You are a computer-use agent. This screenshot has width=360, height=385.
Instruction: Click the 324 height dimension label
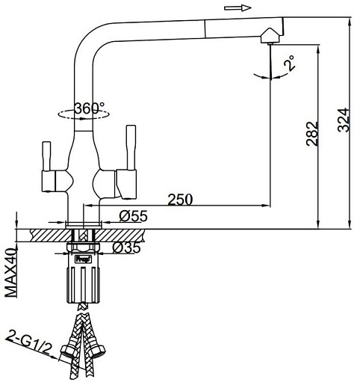click(344, 120)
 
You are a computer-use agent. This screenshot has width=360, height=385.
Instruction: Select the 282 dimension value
click(312, 134)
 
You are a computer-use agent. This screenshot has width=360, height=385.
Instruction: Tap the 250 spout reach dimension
click(180, 200)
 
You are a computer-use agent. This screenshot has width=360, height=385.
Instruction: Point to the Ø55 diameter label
click(134, 216)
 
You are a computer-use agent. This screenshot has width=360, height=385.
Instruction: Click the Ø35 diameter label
click(126, 247)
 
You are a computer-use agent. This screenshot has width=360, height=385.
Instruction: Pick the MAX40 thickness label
click(11, 273)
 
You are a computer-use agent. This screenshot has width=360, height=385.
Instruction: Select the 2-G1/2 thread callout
click(28, 343)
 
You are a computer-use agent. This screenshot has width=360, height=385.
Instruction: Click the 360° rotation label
click(90, 108)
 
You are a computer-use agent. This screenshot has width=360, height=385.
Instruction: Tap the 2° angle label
click(290, 63)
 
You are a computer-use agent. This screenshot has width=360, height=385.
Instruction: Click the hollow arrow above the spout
click(238, 8)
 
